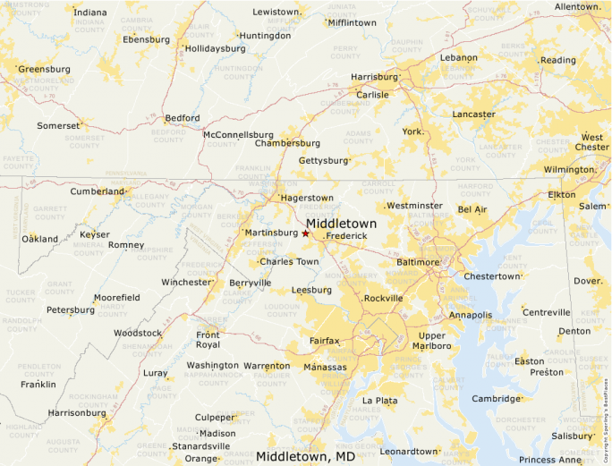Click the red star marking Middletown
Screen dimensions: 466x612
coord(305,233)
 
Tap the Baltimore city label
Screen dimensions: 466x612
coord(418,262)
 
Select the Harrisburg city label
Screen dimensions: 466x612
coord(373,77)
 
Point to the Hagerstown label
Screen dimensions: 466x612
coord(307,198)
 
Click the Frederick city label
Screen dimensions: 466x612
coord(346,235)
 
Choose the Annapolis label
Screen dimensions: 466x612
coord(471,315)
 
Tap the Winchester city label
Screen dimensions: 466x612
coord(185,282)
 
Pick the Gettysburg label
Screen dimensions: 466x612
coord(322,160)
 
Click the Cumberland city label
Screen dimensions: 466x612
coord(98,191)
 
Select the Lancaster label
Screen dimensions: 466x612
coord(473,114)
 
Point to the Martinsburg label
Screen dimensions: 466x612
coord(272,233)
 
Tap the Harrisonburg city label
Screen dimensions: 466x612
coord(76,413)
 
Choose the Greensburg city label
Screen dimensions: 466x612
coord(45,69)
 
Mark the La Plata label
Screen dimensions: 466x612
coord(379,401)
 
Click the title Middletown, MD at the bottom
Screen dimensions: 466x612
coord(305,456)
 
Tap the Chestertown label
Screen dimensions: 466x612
coord(490,276)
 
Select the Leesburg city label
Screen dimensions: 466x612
coord(311,290)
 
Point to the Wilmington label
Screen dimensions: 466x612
coord(569,169)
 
